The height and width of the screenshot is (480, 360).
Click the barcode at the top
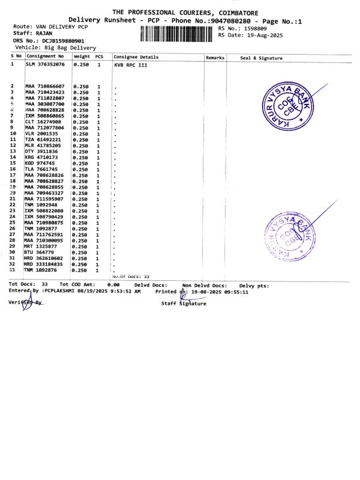click(178, 32)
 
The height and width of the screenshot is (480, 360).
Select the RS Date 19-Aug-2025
click(259, 35)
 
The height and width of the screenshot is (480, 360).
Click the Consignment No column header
click(46, 56)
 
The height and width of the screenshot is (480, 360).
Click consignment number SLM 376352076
click(45, 64)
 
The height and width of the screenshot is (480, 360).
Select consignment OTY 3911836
click(41, 151)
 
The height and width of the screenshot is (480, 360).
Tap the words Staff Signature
click(183, 304)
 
